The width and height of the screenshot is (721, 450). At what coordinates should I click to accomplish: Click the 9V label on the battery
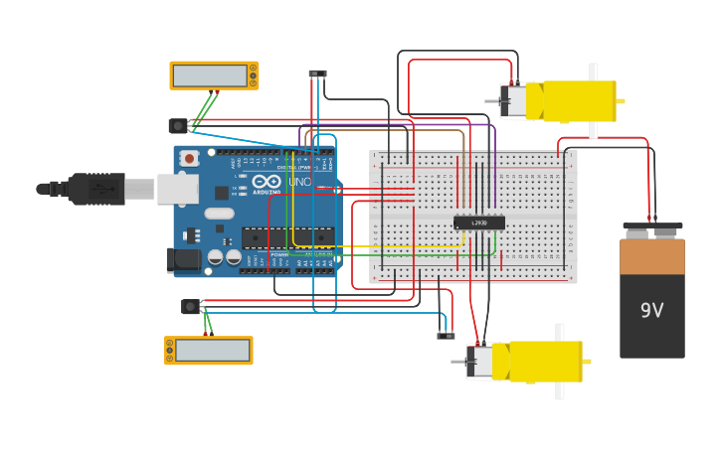[x=651, y=311]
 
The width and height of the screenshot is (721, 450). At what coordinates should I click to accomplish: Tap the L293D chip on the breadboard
[x=479, y=223]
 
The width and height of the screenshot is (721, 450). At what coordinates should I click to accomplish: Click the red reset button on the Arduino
[x=189, y=158]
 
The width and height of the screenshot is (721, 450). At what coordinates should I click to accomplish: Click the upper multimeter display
[x=210, y=75]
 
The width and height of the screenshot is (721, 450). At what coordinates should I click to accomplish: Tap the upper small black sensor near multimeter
[x=178, y=126]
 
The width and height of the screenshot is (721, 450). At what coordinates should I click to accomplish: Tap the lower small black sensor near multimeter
[x=190, y=307]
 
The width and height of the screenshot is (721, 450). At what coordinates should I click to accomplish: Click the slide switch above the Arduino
[x=317, y=74]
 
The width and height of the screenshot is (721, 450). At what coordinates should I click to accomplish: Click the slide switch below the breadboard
[x=446, y=336]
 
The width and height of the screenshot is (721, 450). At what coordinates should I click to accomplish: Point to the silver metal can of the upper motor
[x=516, y=101]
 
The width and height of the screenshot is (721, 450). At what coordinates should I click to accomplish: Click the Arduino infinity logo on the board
[x=267, y=182]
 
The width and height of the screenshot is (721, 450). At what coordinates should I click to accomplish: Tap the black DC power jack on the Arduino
[x=183, y=259]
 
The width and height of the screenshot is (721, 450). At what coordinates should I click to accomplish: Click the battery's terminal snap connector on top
[x=652, y=229]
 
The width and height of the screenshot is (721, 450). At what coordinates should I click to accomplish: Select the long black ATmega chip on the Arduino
[x=287, y=237]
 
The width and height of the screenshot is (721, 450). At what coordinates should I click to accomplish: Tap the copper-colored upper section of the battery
[x=652, y=256]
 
